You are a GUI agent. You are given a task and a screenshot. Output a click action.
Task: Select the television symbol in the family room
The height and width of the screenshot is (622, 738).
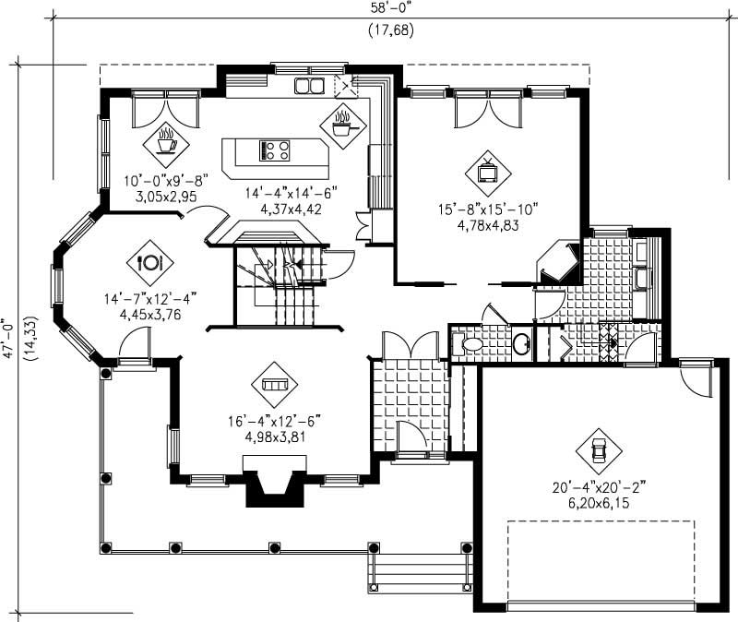coord(486,169)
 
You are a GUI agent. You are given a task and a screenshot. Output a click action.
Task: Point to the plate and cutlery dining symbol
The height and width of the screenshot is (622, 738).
coord(150,259)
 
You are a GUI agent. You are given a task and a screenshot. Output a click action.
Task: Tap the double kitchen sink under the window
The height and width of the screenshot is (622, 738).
coord(309,87)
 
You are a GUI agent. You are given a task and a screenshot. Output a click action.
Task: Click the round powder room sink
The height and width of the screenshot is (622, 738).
coord(521,344)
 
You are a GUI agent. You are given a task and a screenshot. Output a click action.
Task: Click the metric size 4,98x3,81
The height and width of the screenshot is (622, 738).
coord(275,437)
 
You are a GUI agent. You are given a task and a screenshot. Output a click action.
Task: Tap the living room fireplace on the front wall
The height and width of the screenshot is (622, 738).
coord(274,486)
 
